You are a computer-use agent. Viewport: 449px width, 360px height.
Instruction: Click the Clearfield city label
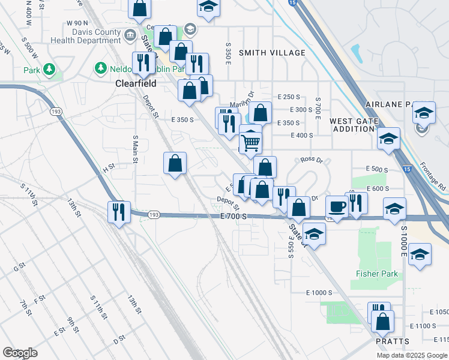coord(136,85)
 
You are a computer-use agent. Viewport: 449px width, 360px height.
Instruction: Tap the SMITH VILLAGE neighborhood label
coord(272,53)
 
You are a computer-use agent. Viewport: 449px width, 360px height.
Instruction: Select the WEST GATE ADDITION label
coord(354,125)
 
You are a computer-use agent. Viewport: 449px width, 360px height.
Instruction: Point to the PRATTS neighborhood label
coord(393,341)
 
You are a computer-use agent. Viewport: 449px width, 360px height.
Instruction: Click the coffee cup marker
coord(337,207)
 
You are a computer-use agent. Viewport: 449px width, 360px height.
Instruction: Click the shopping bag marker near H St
coord(175,163)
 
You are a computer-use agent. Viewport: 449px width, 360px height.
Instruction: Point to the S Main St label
coord(135,149)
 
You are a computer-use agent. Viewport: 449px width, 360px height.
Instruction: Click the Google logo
coord(20,353)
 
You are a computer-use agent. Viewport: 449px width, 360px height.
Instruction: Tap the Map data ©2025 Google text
coord(411,355)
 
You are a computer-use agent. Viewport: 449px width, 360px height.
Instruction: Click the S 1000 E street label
coord(404,242)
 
